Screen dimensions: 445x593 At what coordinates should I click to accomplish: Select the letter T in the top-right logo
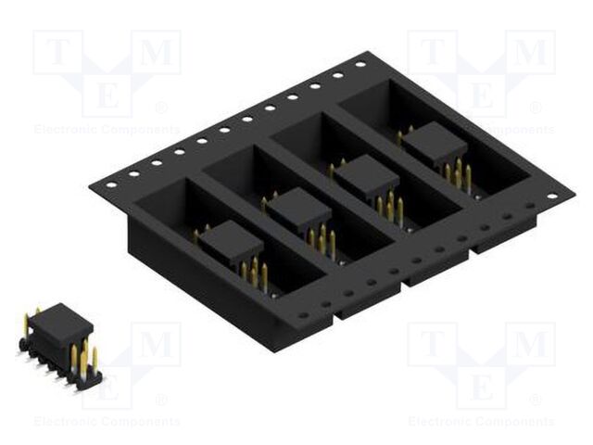click(x=432, y=53)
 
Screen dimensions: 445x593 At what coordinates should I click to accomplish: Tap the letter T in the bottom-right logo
click(x=432, y=345)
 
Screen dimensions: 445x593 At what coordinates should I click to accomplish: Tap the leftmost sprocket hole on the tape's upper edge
click(x=111, y=183)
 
